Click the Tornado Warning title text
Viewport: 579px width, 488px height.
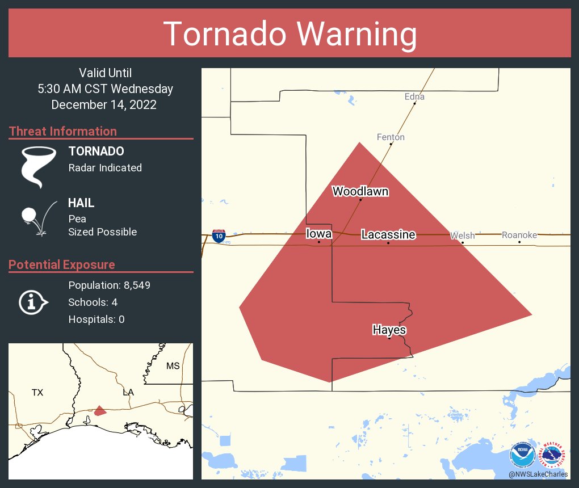pyautogui.click(x=289, y=33)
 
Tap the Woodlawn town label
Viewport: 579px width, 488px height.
pyautogui.click(x=360, y=191)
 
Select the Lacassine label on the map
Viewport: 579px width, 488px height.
pyautogui.click(x=388, y=234)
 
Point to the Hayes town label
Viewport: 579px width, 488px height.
pyautogui.click(x=389, y=330)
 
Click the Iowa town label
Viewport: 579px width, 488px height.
pyautogui.click(x=318, y=234)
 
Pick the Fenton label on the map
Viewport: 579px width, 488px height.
pyautogui.click(x=391, y=137)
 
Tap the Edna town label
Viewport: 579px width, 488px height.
pyautogui.click(x=414, y=96)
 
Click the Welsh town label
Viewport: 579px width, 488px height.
pyautogui.click(x=462, y=235)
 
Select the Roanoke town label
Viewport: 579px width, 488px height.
pyautogui.click(x=519, y=235)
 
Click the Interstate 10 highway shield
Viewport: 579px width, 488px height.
pyautogui.click(x=219, y=236)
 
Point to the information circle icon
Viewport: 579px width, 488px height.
pyautogui.click(x=33, y=302)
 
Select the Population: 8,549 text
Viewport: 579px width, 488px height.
pyautogui.click(x=109, y=285)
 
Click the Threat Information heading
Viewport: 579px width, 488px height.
pyautogui.click(x=63, y=131)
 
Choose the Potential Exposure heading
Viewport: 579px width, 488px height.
pyautogui.click(x=62, y=264)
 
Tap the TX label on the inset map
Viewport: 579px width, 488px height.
pyautogui.click(x=37, y=392)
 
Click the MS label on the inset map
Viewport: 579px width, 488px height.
pyautogui.click(x=173, y=366)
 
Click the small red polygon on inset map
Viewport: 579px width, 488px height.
pyautogui.click(x=100, y=411)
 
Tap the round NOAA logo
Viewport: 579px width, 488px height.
pyautogui.click(x=522, y=455)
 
